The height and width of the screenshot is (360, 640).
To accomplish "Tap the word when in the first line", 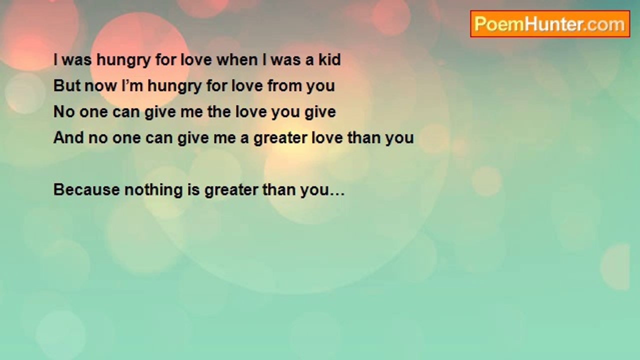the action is [x=237, y=59].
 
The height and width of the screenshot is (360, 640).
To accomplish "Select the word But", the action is [x=67, y=85].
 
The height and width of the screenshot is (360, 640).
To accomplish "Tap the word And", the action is [x=68, y=137].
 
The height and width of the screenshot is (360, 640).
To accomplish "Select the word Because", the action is [x=86, y=189].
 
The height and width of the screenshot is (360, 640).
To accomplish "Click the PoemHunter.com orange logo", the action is [x=550, y=24].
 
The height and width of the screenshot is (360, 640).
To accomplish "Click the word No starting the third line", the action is [x=64, y=111].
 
